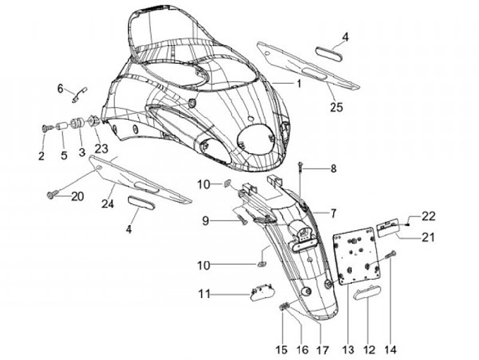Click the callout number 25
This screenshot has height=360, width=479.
pyautogui.click(x=337, y=107)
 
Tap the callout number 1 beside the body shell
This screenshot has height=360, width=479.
pyautogui.click(x=299, y=83)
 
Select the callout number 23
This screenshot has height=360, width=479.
pyautogui.click(x=101, y=149)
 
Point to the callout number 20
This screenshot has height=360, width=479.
pyautogui.click(x=77, y=196)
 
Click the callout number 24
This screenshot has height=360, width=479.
pyautogui.click(x=108, y=204)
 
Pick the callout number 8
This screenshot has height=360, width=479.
pyautogui.click(x=333, y=168)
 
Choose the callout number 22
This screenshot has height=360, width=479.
pyautogui.click(x=428, y=216)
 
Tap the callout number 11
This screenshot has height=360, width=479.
pyautogui.click(x=204, y=294)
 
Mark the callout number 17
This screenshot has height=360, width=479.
pyautogui.click(x=323, y=350)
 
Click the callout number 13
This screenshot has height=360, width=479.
pyautogui.click(x=348, y=350)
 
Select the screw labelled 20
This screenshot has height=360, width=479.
pyautogui.click(x=51, y=194)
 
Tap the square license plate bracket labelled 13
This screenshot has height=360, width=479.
pyautogui.click(x=357, y=256)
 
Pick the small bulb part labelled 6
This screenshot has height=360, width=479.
pyautogui.click(x=80, y=94)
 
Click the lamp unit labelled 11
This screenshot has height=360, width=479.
pyautogui.click(x=262, y=293)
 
